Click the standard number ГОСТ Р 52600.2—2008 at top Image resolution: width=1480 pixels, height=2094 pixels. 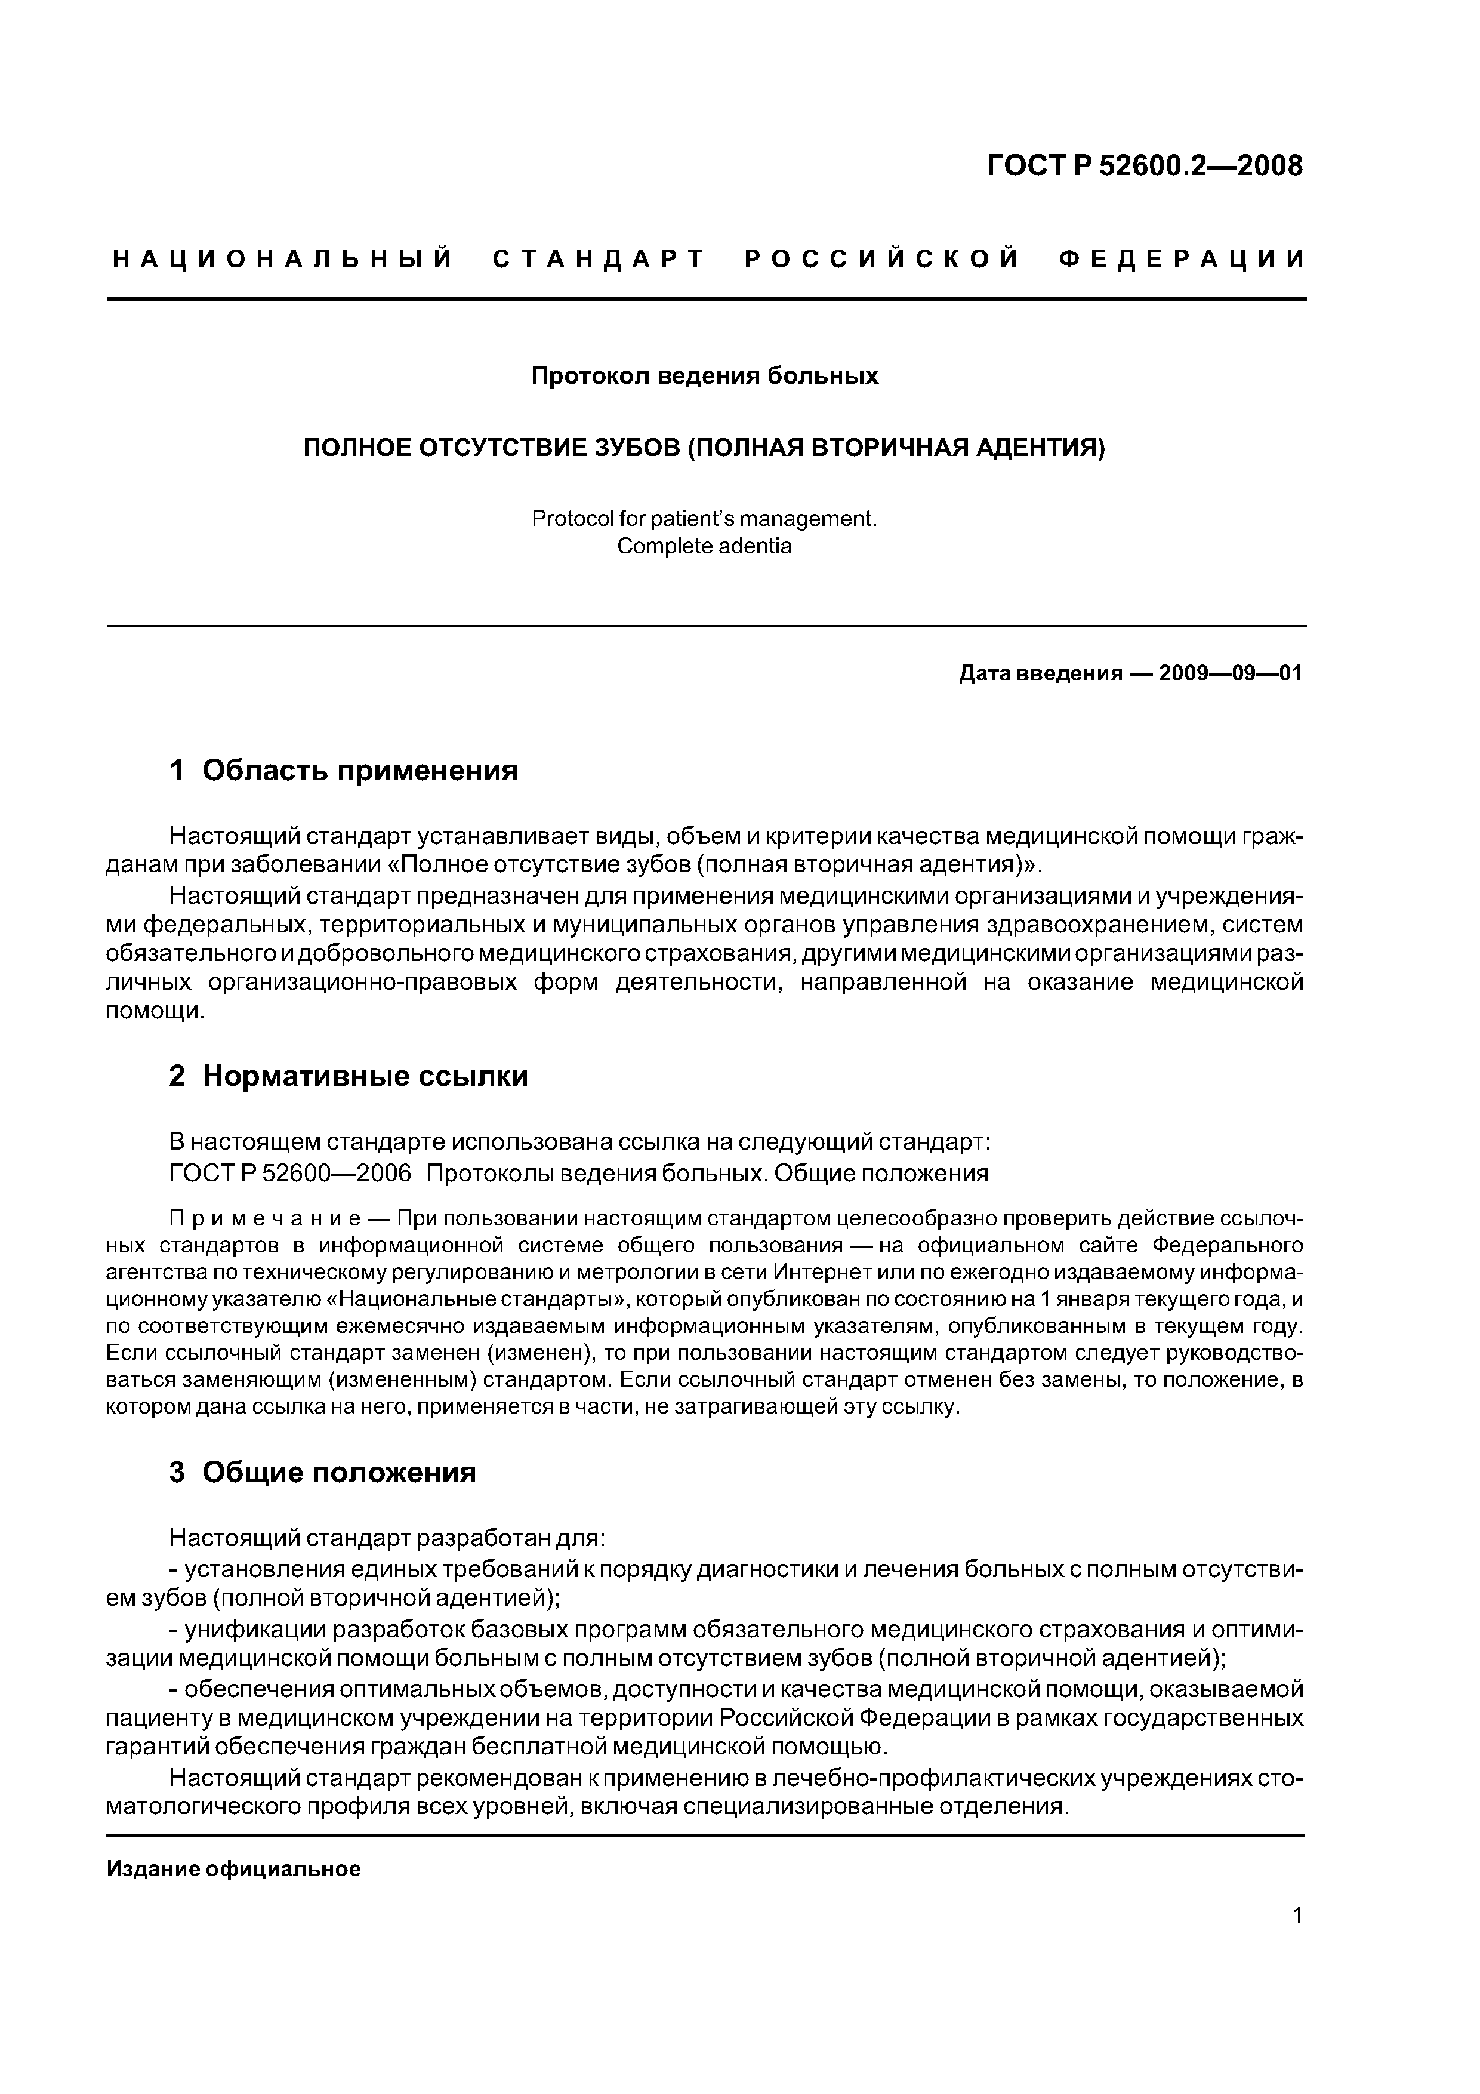point(1145,166)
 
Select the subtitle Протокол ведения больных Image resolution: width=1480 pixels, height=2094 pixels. point(704,375)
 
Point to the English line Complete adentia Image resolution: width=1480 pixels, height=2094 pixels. point(704,546)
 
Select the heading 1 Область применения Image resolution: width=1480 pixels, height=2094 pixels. point(344,771)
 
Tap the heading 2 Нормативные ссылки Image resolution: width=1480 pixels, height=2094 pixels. point(349,1076)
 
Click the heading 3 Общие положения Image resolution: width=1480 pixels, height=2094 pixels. point(323,1472)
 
